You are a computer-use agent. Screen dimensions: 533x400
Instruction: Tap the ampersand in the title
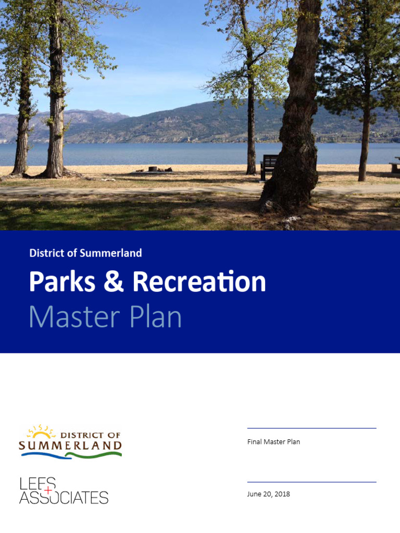[114, 282]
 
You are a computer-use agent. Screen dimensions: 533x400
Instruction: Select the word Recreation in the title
[199, 282]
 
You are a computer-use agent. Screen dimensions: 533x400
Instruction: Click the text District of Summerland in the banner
[85, 253]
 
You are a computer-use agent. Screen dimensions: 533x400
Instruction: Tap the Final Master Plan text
[273, 442]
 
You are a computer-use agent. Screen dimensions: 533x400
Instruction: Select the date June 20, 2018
[268, 494]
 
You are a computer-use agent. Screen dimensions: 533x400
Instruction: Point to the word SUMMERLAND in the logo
[70, 446]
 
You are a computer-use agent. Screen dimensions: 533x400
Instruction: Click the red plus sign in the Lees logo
[48, 490]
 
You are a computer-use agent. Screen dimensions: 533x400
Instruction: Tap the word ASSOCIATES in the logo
[64, 498]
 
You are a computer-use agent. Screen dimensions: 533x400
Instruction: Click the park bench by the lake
[269, 166]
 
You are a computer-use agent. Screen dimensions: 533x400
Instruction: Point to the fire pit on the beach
[153, 169]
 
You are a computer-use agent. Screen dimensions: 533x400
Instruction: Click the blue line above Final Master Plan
[311, 428]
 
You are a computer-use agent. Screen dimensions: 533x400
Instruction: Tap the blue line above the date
[311, 482]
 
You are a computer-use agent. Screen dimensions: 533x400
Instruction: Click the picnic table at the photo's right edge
[395, 167]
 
